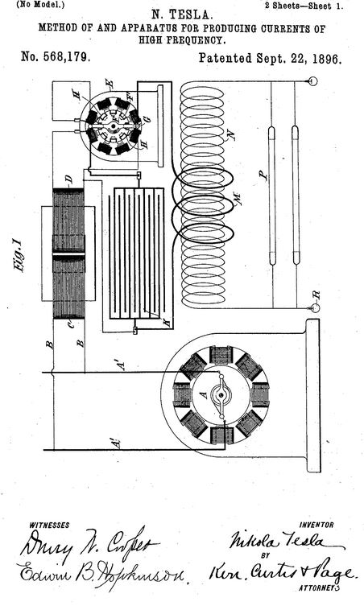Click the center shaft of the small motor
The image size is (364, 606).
[113, 126]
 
